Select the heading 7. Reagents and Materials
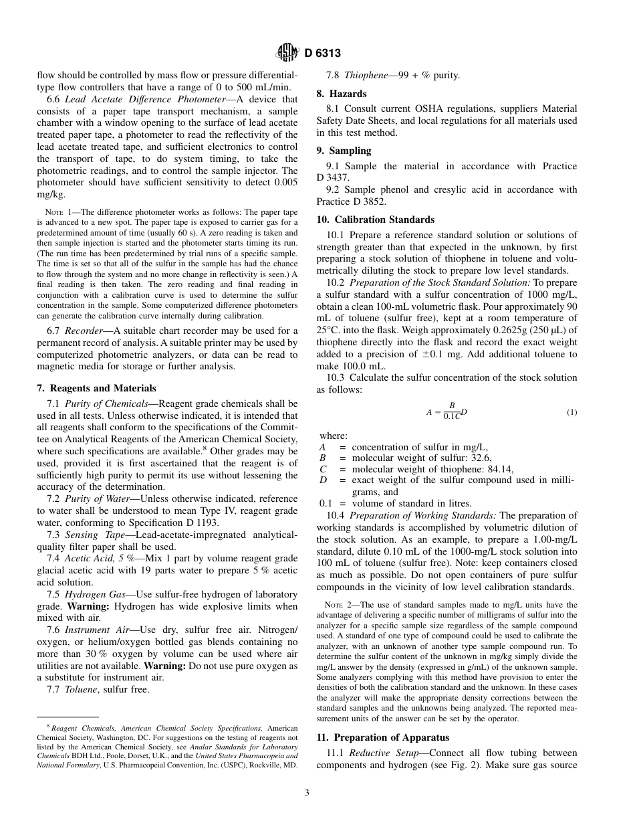point(96,388)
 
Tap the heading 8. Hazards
point(341,94)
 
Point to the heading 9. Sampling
point(344,151)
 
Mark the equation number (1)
point(571,412)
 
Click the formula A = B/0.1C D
point(447,411)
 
